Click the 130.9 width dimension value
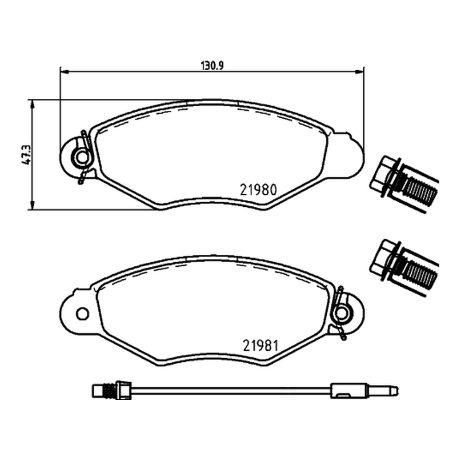coord(212,66)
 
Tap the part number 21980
coord(258,190)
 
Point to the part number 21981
coord(261,346)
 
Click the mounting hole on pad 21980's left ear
coord(81,157)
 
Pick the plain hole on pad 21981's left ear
coord(82,314)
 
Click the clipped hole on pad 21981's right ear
coord(342,314)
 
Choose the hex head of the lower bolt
coord(382,256)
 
